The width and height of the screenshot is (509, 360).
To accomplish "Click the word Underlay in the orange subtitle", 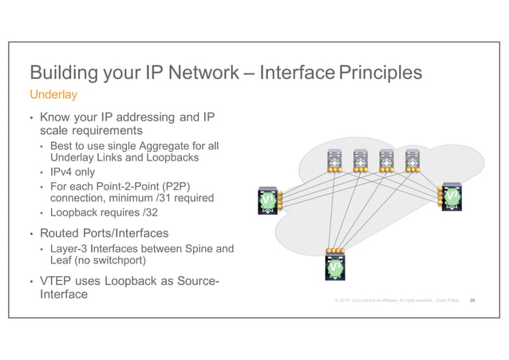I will [53, 96].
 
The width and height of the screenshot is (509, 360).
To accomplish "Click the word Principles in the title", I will [380, 74].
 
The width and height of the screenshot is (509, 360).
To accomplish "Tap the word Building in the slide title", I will [63, 74].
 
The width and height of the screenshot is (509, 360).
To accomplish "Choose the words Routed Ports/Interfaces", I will [104, 232].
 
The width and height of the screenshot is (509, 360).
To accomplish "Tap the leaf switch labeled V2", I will [452, 197].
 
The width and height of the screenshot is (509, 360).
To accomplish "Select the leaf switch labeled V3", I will [336, 267].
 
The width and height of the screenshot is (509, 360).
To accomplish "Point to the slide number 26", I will [473, 300].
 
